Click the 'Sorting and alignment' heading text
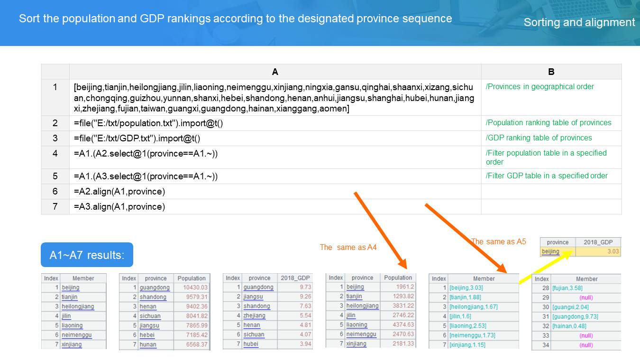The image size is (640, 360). (579, 22)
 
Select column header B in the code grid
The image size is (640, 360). (551, 72)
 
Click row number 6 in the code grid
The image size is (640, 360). (55, 191)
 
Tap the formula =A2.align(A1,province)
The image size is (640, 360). (119, 192)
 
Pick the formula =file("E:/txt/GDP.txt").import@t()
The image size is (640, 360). (137, 138)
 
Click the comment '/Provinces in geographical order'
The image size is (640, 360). (539, 87)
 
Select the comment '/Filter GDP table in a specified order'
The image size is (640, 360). (547, 176)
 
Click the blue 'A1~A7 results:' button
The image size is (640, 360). (87, 255)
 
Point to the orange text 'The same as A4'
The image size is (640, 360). (348, 247)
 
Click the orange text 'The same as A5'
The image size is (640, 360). (499, 241)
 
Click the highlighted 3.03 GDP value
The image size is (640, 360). (613, 252)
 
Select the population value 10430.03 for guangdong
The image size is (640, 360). (195, 287)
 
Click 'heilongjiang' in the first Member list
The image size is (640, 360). (78, 306)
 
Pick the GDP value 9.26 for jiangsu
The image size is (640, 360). (305, 296)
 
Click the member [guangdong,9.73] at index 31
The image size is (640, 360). (575, 316)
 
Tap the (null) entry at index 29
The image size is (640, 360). (586, 298)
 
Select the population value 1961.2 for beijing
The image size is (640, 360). (405, 287)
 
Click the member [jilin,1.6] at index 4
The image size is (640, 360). (460, 316)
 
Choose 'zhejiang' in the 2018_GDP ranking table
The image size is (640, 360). (254, 316)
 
